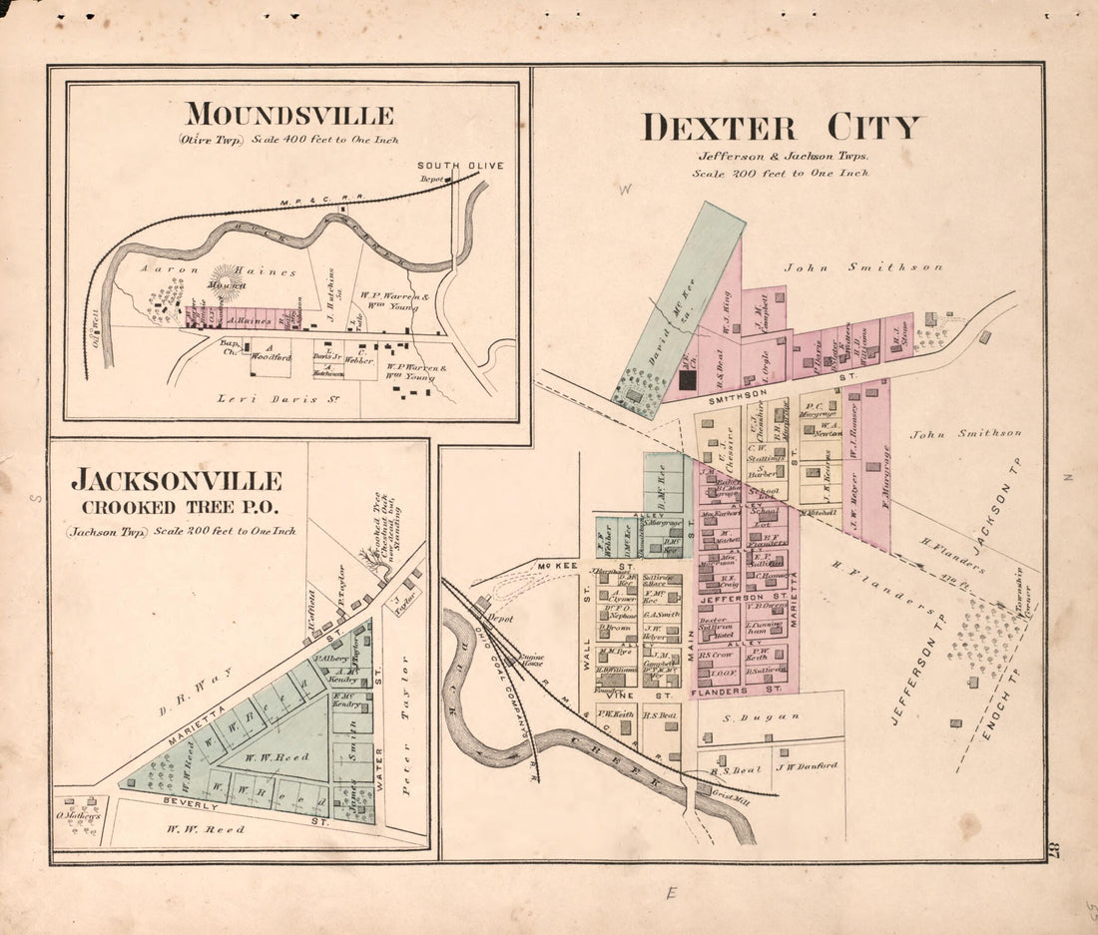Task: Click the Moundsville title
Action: [x=289, y=115]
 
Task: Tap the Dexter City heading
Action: [x=781, y=128]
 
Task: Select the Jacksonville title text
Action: [x=176, y=481]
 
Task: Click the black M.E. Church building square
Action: [x=687, y=378]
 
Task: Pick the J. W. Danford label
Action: [x=805, y=766]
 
